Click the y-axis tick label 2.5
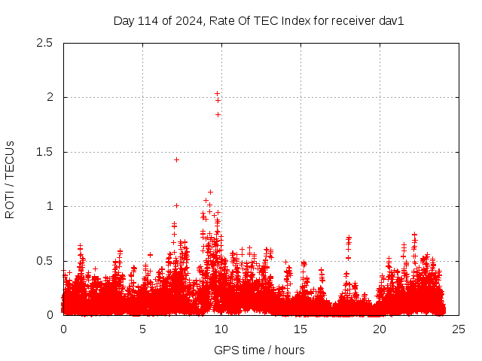click(x=44, y=43)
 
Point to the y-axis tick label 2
click(x=49, y=97)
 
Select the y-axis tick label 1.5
click(x=44, y=152)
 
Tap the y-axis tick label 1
click(x=49, y=206)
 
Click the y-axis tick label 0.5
click(x=44, y=260)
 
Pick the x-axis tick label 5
click(x=142, y=329)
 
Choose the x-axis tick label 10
click(x=221, y=329)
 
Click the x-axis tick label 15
click(x=300, y=329)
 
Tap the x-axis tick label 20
click(x=380, y=329)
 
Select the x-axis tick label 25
click(x=459, y=329)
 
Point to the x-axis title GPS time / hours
click(x=260, y=350)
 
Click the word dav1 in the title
click(x=392, y=20)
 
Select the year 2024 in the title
click(x=185, y=20)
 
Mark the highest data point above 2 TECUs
click(x=217, y=93)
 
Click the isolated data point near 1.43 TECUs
click(x=176, y=159)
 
